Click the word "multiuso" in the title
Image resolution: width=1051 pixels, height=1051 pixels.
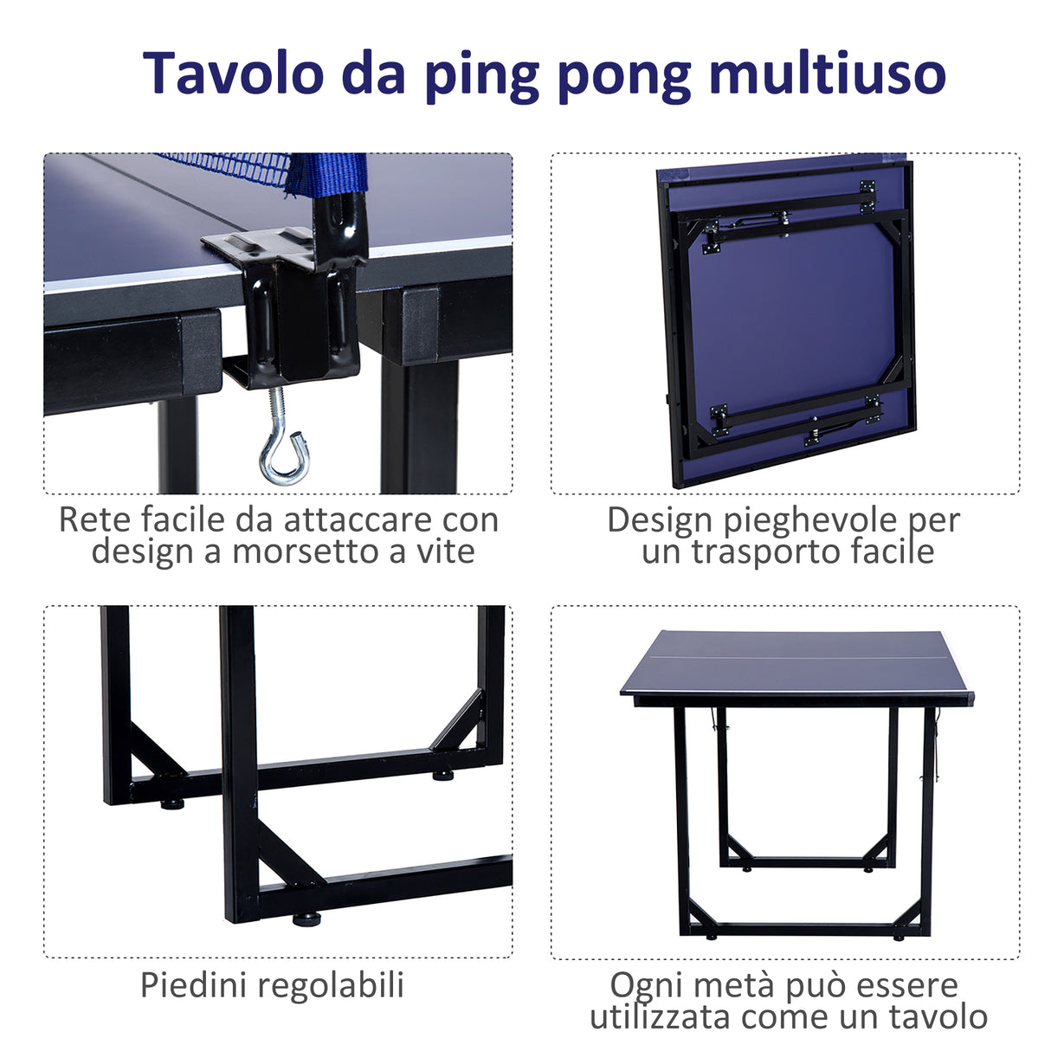click(827, 73)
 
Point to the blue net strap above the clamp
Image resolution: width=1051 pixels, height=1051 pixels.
click(329, 173)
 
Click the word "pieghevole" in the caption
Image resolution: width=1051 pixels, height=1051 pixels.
click(810, 521)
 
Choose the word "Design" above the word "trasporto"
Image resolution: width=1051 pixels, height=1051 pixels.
click(660, 519)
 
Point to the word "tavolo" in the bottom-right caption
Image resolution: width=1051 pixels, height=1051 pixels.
click(938, 1016)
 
